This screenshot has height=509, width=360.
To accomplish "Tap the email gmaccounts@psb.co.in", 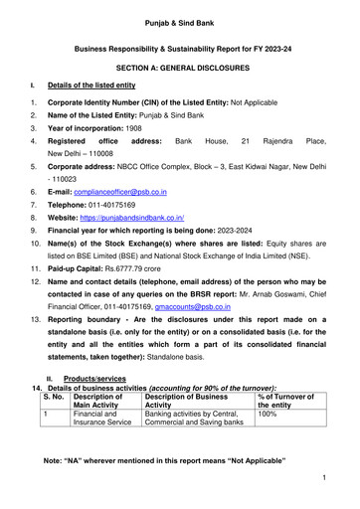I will tap(225, 309).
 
